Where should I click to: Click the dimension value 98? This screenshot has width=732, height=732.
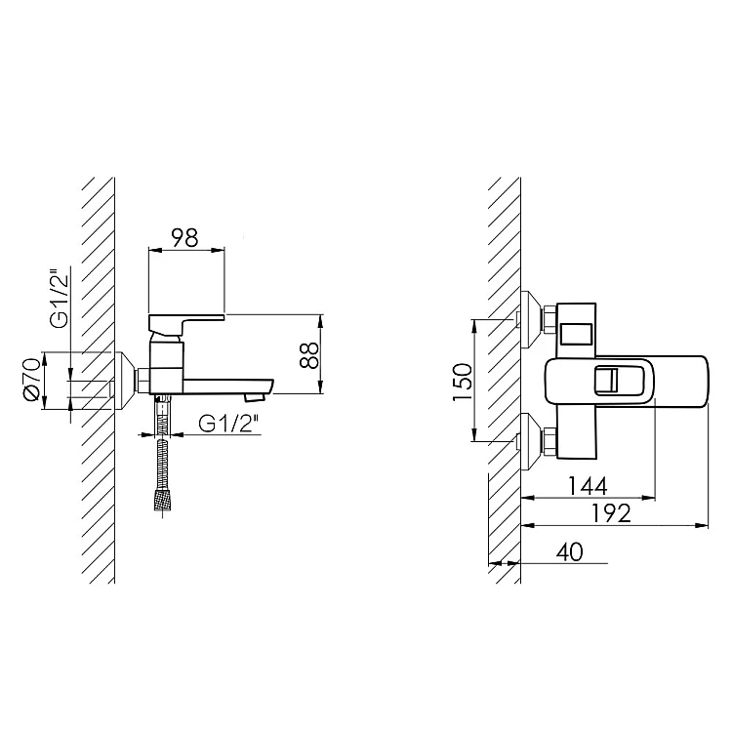(185, 237)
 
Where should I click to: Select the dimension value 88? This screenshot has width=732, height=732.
(309, 355)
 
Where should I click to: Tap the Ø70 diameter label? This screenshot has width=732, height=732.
(32, 380)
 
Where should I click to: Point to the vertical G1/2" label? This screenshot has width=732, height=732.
(60, 299)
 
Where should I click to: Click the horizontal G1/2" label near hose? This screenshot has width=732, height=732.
(228, 424)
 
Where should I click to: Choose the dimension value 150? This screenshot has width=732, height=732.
(463, 382)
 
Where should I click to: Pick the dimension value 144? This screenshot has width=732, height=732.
(588, 486)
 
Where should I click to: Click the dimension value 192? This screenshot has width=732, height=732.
(612, 513)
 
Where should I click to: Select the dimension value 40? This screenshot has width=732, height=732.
(570, 551)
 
